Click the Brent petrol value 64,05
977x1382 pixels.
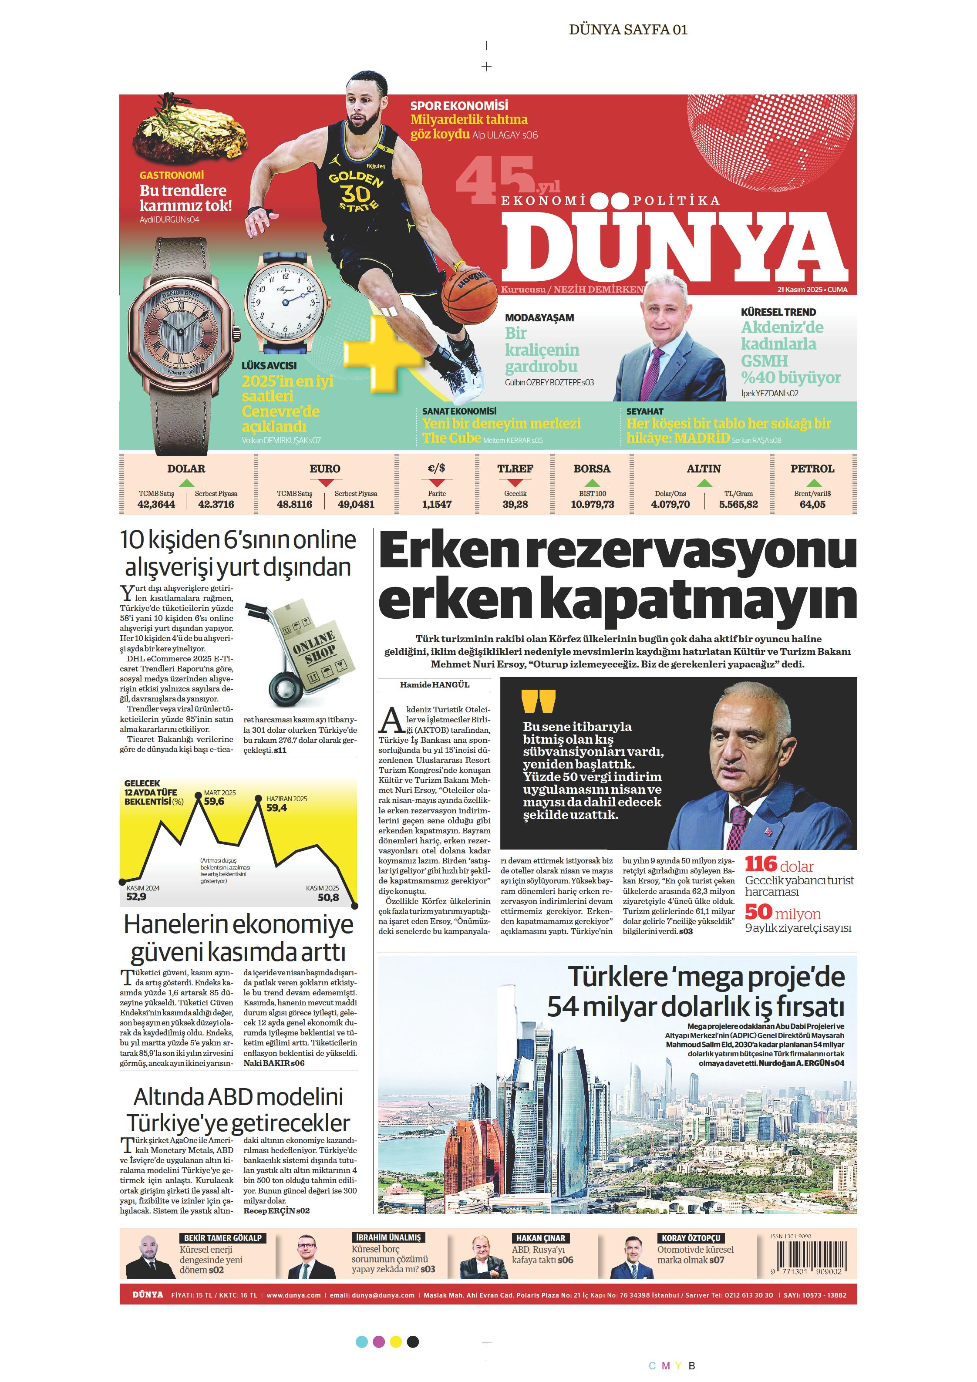[812, 504]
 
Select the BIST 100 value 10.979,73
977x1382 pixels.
[593, 504]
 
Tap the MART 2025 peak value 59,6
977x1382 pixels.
[214, 802]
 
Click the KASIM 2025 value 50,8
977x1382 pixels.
[328, 897]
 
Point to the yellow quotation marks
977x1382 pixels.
[538, 701]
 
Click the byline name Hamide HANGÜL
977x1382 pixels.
[435, 684]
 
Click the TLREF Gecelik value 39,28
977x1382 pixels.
[515, 504]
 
